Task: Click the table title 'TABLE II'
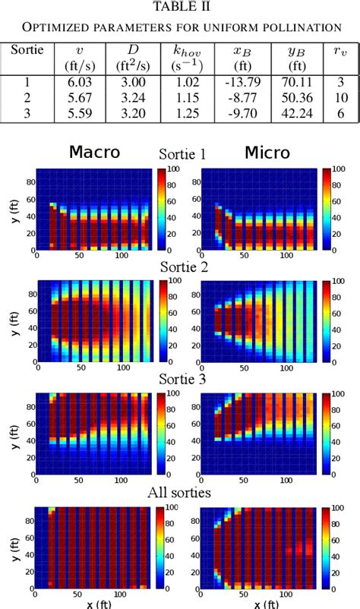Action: [x=180, y=7]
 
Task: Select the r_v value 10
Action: [x=339, y=97]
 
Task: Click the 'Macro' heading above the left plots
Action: [x=95, y=152]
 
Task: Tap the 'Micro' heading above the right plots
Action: [x=267, y=153]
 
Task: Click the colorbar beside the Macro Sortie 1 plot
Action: [x=162, y=210]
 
